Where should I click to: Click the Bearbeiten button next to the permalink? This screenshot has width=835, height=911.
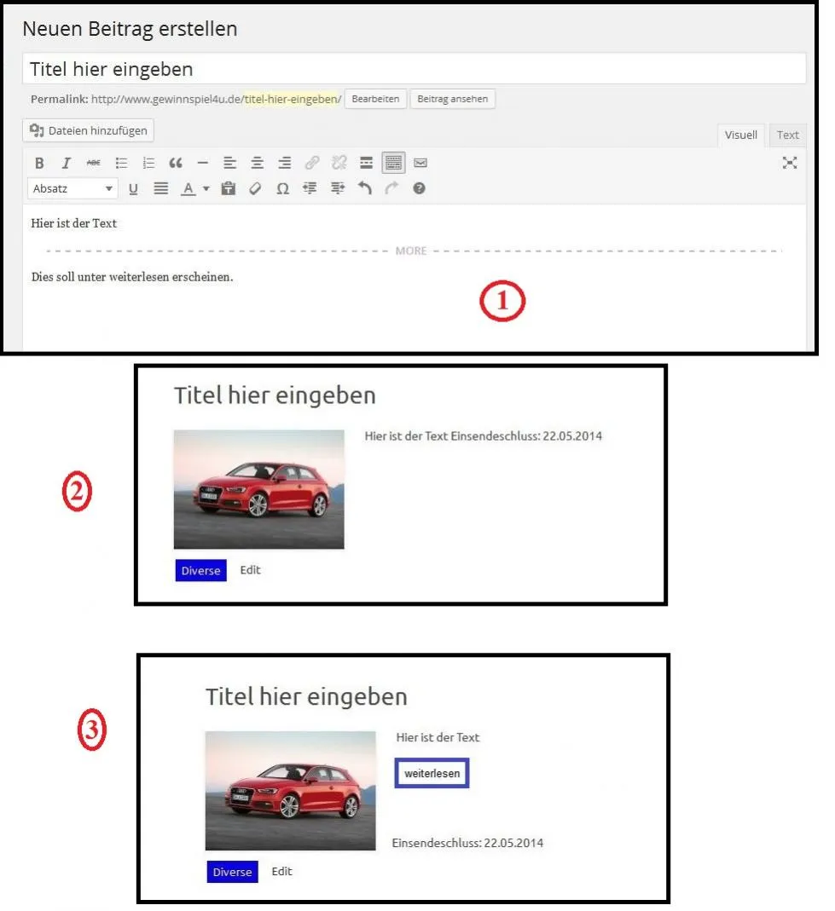tap(375, 99)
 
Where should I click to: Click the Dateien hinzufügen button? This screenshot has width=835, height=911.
tap(89, 130)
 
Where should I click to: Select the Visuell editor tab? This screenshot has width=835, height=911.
tap(741, 135)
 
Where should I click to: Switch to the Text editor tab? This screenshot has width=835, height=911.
tap(788, 135)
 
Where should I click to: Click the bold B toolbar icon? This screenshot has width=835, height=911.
tap(39, 164)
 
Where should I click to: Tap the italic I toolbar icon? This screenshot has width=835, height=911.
tap(67, 164)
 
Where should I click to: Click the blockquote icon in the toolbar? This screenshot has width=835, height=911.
tap(176, 164)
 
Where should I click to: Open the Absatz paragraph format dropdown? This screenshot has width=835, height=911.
tap(72, 189)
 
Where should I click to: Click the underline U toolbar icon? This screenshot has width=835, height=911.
tap(133, 189)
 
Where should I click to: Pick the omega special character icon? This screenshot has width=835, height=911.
tap(282, 189)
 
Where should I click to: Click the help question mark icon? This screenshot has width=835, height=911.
tap(420, 188)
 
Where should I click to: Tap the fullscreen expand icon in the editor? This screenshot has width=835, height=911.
tap(790, 163)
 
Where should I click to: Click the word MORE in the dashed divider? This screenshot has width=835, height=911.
tap(411, 251)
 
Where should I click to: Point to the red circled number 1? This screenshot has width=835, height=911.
tap(502, 301)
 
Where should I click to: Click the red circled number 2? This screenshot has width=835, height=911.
tap(78, 492)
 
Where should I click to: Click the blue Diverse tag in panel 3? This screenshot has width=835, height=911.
tap(233, 872)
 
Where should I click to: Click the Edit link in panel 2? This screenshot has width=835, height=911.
tap(251, 570)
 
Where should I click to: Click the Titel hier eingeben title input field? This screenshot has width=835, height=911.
tap(414, 69)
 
